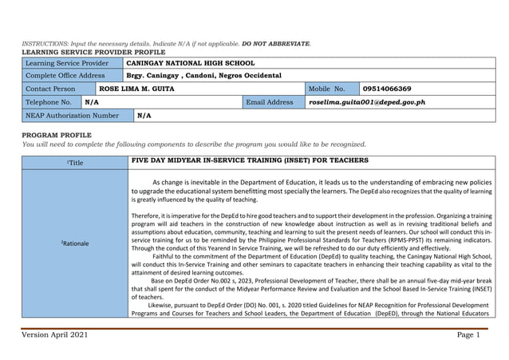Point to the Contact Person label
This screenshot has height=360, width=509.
(50, 89)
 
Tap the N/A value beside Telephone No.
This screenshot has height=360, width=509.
(92, 102)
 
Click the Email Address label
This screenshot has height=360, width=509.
(270, 102)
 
